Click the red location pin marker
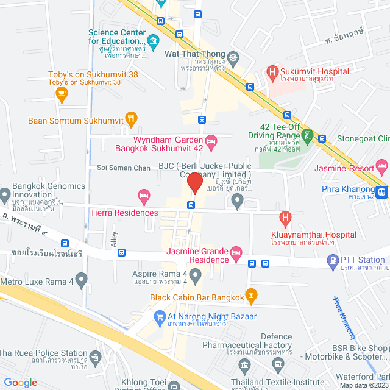[x=194, y=183]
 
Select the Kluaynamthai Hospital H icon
[x=285, y=217]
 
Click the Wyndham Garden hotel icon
[x=211, y=141]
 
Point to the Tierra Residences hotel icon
[x=144, y=196]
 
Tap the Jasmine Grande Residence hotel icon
[x=237, y=252]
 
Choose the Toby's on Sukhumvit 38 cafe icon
[x=61, y=93]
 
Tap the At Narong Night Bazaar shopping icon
[x=160, y=316]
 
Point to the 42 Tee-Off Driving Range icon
[x=308, y=135]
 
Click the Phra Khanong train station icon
[x=382, y=192]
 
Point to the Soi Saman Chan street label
[x=123, y=167]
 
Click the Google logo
[x=20, y=382]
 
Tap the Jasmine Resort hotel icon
[x=382, y=165]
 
